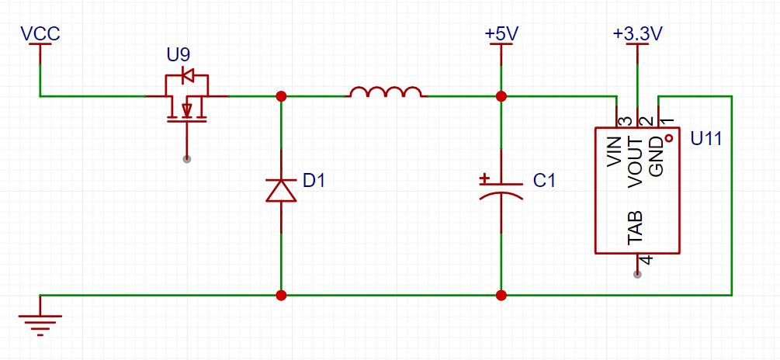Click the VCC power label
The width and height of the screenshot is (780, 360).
pos(40,33)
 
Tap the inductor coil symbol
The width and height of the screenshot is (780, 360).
pos(386,93)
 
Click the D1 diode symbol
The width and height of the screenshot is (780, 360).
pos(281,189)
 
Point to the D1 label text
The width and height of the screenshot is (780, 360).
pos(314,181)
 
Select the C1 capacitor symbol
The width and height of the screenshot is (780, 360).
pos(501,189)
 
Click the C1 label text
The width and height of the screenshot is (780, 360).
pos(545,181)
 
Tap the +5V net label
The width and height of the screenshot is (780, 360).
pos(501,34)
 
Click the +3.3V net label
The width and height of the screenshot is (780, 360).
pos(636,34)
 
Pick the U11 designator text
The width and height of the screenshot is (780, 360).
pos(705,140)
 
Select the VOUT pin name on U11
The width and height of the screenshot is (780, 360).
pos(636,161)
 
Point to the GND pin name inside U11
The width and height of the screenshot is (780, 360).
pos(657,156)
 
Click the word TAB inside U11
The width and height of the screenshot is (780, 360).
pos(636,227)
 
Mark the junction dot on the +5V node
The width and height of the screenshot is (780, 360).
pos(501,96)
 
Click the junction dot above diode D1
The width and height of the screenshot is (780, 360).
pos(281,96)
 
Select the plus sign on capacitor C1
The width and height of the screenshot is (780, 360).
pos(484,179)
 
